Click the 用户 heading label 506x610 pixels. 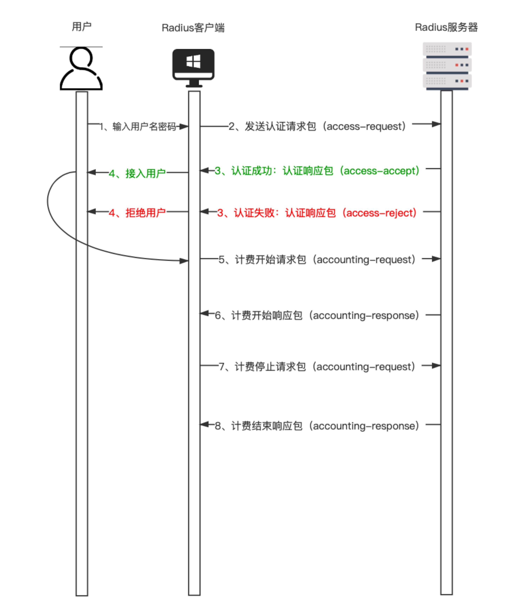81,27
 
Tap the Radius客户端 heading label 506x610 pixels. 193,28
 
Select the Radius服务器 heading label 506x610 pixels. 446,27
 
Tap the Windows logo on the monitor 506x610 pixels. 193,61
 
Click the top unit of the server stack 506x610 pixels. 447,49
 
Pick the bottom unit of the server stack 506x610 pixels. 447,81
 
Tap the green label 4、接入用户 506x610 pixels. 137,173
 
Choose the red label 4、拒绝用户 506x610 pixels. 137,213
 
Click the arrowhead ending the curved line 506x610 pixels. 184,261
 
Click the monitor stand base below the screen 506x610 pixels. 194,86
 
